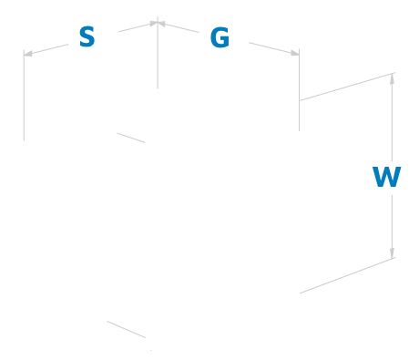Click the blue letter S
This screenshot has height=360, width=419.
coord(87,37)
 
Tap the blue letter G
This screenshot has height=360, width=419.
coord(220,38)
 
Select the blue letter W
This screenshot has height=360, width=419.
coord(387,177)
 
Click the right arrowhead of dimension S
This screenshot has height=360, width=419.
coord(152,25)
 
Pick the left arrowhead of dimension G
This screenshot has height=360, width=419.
coord(165,25)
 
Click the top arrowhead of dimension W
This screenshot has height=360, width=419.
coord(393,77)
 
